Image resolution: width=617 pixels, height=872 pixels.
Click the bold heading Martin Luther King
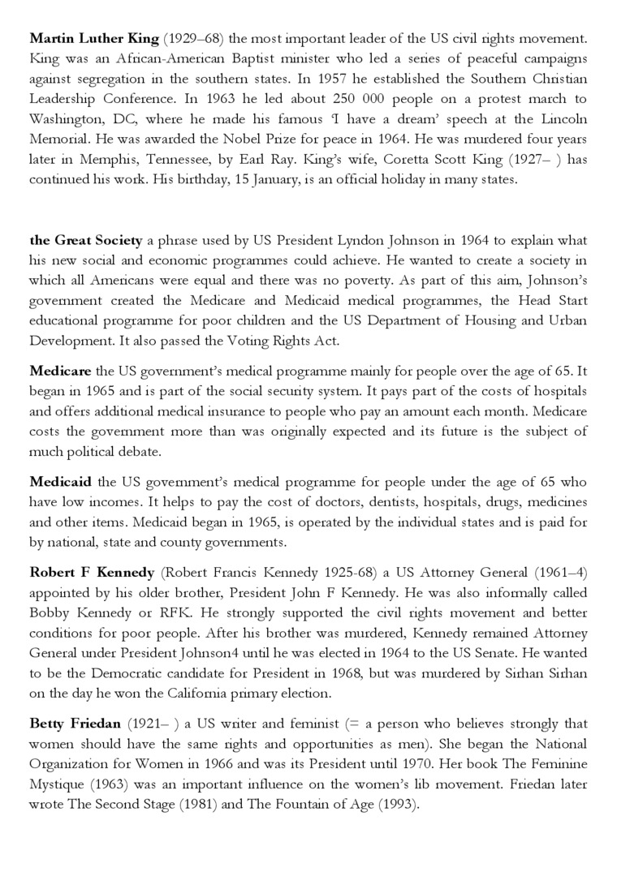(93, 38)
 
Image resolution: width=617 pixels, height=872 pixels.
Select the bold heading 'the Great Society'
(86, 241)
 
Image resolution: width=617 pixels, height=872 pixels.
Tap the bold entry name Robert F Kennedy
(92, 572)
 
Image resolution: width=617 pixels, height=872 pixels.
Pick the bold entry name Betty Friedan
(74, 724)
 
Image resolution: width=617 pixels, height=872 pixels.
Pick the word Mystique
(59, 784)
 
